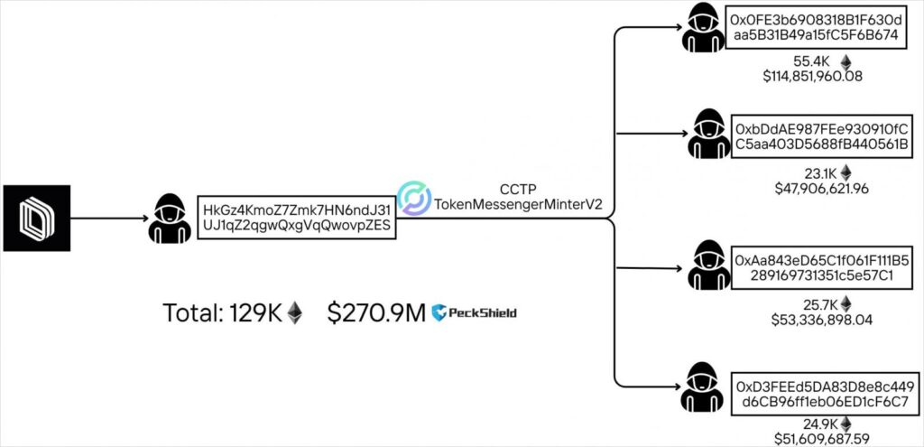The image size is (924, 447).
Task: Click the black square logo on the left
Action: point(37,218)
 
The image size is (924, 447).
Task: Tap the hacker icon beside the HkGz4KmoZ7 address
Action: point(169,217)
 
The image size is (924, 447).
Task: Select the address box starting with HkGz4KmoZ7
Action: point(299,217)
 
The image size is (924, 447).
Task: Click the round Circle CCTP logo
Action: point(415,199)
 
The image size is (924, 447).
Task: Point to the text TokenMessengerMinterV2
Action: point(519,205)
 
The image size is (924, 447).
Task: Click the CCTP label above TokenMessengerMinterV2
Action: point(519,190)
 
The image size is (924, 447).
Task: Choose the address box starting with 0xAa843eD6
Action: point(816,267)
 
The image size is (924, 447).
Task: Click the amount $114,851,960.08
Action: point(812,76)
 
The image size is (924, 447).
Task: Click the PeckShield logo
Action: point(475,312)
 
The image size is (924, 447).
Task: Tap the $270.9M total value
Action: point(376,312)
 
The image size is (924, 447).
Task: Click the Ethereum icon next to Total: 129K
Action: point(295,313)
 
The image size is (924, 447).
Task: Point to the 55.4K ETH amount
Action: point(810,61)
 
